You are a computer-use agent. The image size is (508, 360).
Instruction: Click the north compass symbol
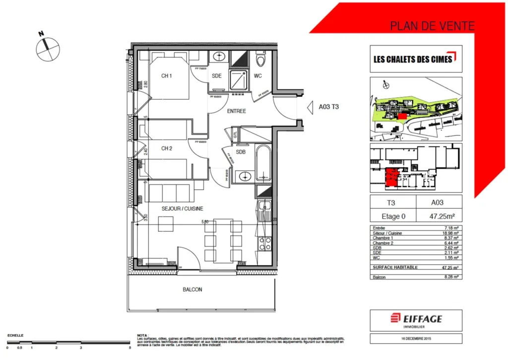point(47,48)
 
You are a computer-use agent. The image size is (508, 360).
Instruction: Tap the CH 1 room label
point(166,76)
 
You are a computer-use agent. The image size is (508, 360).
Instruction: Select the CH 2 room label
point(166,148)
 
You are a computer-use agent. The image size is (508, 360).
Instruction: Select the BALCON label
point(192,289)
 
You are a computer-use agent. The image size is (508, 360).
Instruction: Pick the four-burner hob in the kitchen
point(265,243)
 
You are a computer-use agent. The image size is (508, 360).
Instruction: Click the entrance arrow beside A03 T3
point(310,106)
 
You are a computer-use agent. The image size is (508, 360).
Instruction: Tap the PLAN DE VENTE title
point(432,26)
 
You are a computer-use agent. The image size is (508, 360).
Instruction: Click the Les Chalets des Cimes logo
point(416,59)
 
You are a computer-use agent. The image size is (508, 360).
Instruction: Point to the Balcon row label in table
point(379,277)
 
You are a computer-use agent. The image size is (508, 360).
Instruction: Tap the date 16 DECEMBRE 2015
point(416,339)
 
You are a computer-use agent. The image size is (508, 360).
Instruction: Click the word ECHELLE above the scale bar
point(15,336)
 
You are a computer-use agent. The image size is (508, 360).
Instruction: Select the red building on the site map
point(402,115)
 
